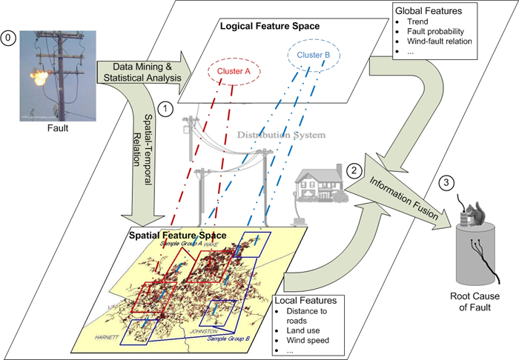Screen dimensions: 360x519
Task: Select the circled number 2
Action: (x=356, y=170)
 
